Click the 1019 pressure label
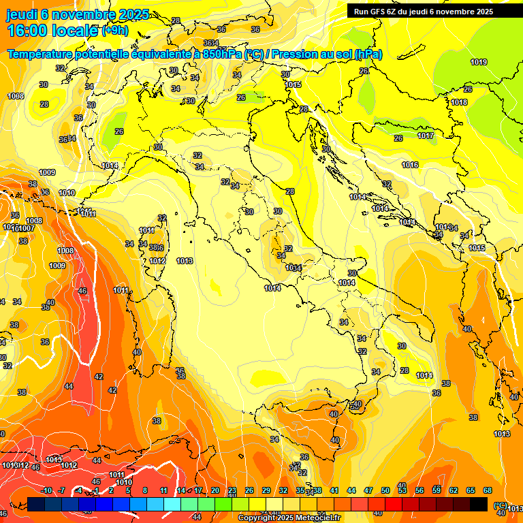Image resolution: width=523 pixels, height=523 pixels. click(x=479, y=62)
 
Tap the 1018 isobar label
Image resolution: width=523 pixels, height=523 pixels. click(x=459, y=102)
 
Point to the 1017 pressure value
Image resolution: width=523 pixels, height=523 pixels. click(x=426, y=136)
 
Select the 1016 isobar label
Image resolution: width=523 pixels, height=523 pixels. click(x=410, y=165)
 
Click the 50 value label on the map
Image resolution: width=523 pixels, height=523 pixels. click(x=402, y=346)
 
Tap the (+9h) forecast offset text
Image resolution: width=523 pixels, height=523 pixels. click(x=118, y=31)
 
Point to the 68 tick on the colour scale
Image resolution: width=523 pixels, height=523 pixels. click(x=488, y=490)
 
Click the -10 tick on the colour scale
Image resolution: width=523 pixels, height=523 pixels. click(x=46, y=490)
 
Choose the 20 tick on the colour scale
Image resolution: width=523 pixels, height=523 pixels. click(x=215, y=490)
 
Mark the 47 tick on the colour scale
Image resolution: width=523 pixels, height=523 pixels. click(x=368, y=490)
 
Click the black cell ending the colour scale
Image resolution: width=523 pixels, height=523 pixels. click(x=479, y=504)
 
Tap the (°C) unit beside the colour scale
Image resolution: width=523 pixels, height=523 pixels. click(x=501, y=505)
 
